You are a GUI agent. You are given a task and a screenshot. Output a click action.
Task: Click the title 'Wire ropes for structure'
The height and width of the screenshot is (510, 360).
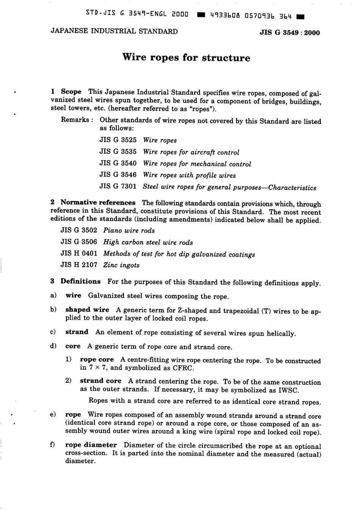(x=186, y=58)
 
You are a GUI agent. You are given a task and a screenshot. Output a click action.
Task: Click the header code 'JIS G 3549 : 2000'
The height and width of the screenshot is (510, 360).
(x=290, y=33)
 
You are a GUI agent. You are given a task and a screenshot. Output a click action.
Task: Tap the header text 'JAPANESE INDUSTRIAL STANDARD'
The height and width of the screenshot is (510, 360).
(x=114, y=31)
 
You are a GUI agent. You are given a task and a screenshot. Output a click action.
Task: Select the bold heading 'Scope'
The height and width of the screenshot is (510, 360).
(x=71, y=92)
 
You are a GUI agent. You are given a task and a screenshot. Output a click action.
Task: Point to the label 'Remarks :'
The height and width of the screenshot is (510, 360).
(x=75, y=120)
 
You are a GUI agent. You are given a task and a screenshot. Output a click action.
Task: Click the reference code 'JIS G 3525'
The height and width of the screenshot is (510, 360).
(x=118, y=140)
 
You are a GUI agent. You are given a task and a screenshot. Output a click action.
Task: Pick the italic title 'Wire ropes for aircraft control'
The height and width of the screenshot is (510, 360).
(x=191, y=152)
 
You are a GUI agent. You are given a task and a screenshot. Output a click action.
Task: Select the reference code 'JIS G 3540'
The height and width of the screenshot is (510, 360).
(x=118, y=163)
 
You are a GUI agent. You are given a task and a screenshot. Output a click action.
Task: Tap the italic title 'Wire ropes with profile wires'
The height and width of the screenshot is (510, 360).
(x=189, y=175)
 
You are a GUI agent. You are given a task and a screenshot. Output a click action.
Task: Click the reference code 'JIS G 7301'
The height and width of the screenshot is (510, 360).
(x=118, y=187)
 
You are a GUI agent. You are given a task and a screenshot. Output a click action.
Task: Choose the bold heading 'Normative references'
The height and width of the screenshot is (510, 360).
(x=98, y=203)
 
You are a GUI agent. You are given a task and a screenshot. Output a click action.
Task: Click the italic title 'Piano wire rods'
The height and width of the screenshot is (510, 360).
(x=129, y=231)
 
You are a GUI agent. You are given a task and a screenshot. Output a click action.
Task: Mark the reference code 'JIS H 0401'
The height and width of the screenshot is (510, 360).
(x=79, y=254)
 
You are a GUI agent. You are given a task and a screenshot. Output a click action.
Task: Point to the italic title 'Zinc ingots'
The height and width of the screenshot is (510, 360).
(x=121, y=265)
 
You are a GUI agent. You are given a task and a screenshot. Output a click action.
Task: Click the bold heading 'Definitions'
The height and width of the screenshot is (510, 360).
(x=80, y=281)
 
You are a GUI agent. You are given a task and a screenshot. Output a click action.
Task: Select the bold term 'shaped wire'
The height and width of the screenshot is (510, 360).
(x=87, y=310)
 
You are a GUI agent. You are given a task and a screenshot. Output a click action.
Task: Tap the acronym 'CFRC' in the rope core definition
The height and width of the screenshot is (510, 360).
(x=183, y=368)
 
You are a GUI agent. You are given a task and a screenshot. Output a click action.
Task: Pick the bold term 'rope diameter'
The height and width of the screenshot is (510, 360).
(x=91, y=445)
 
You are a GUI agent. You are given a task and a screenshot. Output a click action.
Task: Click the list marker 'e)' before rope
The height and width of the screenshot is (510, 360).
(x=53, y=415)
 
